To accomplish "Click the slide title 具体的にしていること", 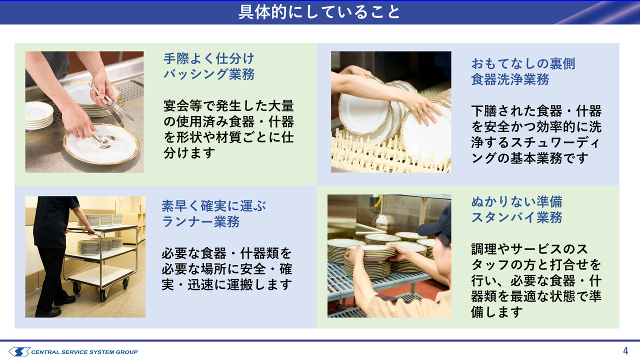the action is coord(319,12).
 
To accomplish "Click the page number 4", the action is coord(625,350).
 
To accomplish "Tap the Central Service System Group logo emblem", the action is coord(19,351).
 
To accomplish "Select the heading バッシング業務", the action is coord(209,74).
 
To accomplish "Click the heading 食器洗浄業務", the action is coord(510,79).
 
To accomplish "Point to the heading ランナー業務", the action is coord(200,221).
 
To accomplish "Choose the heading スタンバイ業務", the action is coord(516,217).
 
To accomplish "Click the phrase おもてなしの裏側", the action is coord(523,63).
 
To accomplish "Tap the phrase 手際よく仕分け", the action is coord(209,59).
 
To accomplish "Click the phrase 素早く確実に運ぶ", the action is coord(213,206).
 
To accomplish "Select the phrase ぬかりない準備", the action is coord(516,202).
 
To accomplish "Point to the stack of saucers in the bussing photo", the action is coord(39,115).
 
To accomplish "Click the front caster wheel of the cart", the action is coord(103,294).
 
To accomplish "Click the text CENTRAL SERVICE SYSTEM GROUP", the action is coord(84,352).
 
